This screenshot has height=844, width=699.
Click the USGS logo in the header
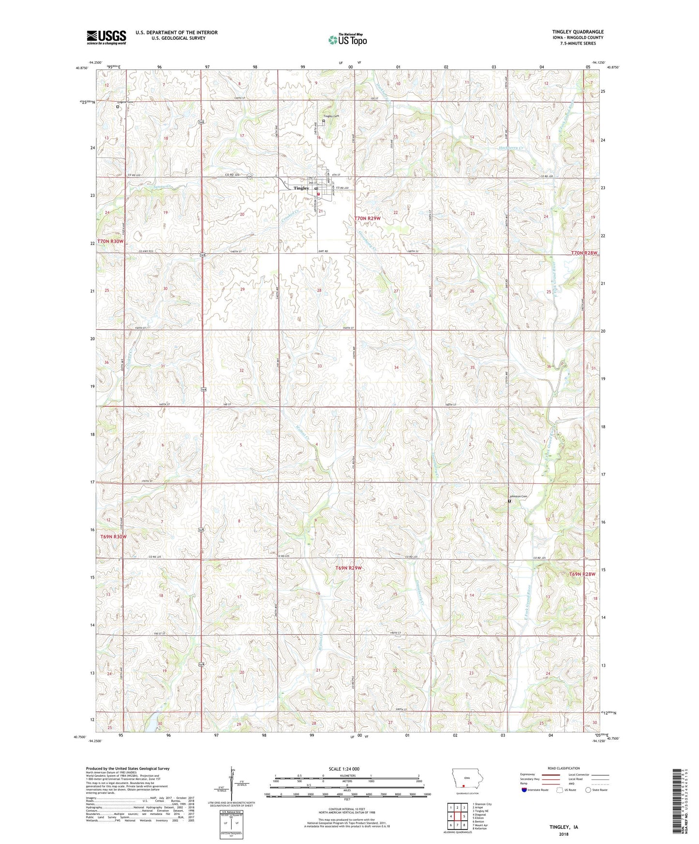[x=106, y=37]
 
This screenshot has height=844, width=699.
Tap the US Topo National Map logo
[x=347, y=40]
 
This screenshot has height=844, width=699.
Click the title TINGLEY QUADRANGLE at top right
[x=578, y=32]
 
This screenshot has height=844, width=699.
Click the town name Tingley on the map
[x=301, y=188]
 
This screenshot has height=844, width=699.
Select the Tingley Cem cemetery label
[x=331, y=116]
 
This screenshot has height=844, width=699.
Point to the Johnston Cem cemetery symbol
[x=509, y=501]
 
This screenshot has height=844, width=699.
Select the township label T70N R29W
[x=368, y=218]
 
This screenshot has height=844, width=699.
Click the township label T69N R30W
[x=113, y=537]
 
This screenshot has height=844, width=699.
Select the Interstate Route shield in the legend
[x=524, y=790]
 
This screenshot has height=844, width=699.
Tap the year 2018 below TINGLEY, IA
[x=564, y=834]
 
